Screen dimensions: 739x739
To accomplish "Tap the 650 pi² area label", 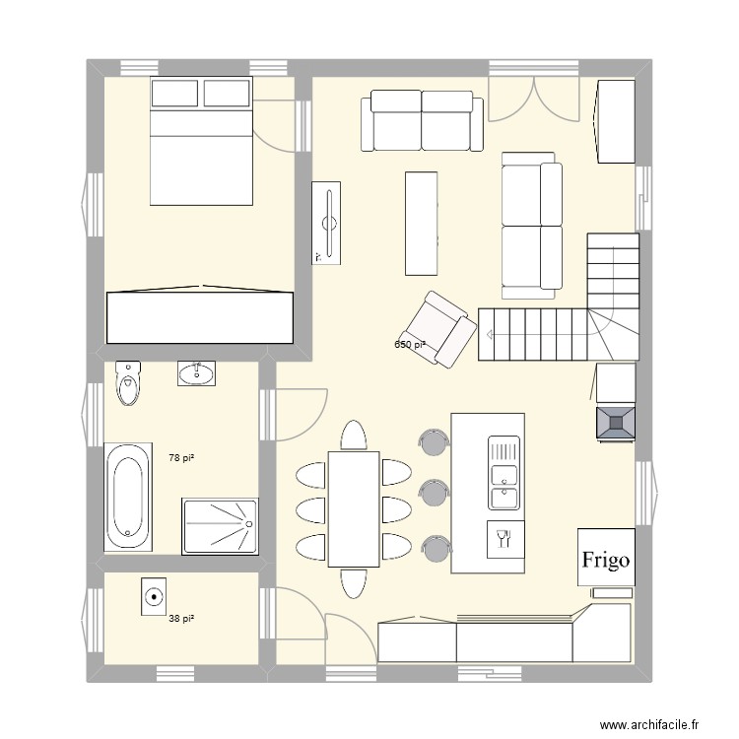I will click(411, 345).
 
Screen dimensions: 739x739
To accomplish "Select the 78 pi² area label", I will click(180, 458).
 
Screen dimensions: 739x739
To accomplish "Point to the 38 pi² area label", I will click(180, 619).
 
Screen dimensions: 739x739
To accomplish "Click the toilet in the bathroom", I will click(128, 383).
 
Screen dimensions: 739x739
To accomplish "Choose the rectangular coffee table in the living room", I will click(421, 223).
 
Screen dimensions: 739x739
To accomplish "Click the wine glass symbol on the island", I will click(505, 538).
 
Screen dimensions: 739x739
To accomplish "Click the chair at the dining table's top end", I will click(353, 435).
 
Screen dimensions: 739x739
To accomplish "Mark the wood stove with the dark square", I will click(615, 423).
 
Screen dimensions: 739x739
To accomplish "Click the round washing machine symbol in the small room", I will click(154, 596).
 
